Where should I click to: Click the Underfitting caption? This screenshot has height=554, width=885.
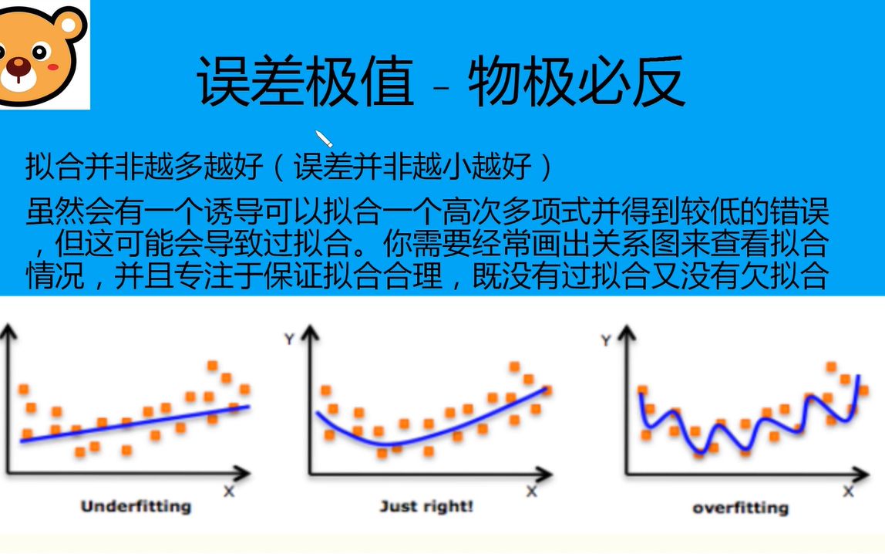[136, 506]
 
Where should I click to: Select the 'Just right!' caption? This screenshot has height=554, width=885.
[426, 506]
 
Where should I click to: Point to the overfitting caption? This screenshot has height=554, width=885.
[741, 508]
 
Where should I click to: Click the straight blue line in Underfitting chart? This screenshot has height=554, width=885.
[135, 423]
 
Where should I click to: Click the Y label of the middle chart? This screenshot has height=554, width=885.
[290, 339]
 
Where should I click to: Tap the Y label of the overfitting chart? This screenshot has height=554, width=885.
[606, 340]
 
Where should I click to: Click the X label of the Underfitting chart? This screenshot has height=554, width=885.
[229, 491]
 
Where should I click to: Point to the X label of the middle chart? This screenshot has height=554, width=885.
[532, 491]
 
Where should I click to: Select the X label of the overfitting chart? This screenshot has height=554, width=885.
[848, 491]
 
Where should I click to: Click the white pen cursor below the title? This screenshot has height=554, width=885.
[324, 138]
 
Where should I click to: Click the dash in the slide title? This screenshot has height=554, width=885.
[442, 87]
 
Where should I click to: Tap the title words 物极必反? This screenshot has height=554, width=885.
[577, 81]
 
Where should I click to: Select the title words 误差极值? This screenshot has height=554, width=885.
[305, 81]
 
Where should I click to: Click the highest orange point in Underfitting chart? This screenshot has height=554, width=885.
[212, 366]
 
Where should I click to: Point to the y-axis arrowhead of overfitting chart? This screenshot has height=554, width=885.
[627, 333]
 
